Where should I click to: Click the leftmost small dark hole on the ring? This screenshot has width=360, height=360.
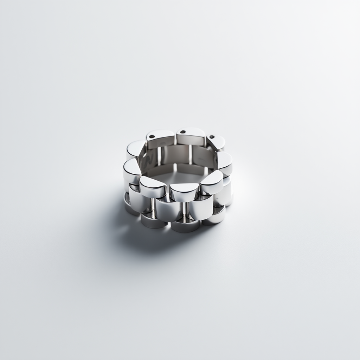[x=152, y=136]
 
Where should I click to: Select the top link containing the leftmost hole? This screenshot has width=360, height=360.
[x=160, y=138]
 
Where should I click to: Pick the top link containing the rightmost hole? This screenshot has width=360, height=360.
[x=216, y=142]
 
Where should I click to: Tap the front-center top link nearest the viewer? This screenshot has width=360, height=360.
[x=184, y=192]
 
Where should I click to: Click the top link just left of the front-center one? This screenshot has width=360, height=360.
[x=153, y=186]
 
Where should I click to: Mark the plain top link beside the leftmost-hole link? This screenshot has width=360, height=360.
[x=135, y=148]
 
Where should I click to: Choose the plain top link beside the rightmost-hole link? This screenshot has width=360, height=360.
[x=225, y=162]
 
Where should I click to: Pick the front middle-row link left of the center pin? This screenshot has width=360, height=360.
[x=168, y=210]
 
